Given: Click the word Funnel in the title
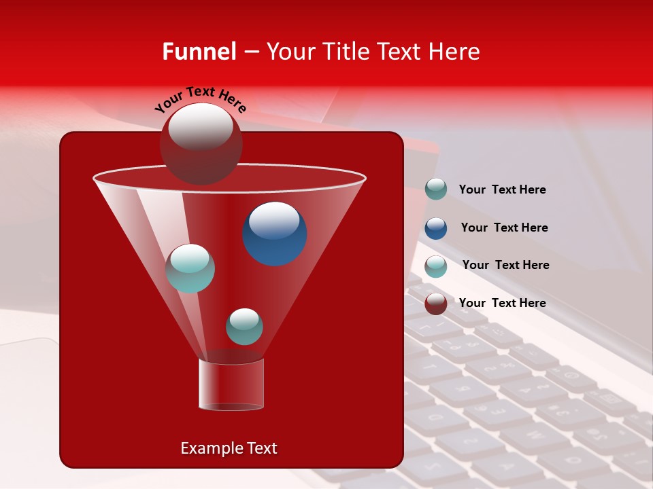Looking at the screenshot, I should click(199, 52).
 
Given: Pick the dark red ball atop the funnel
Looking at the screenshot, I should click(201, 143).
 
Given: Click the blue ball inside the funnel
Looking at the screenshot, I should click(275, 234).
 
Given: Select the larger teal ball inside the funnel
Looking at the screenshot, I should click(190, 268).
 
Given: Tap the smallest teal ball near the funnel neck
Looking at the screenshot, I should click(244, 327).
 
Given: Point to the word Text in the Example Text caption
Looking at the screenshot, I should click(262, 448).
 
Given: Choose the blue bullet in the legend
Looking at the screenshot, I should click(436, 228).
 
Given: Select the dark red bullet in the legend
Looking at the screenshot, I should click(436, 304).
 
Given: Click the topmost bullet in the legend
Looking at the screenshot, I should click(436, 189).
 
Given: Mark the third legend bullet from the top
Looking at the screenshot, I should click(436, 266).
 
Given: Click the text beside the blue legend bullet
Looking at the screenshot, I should click(504, 228).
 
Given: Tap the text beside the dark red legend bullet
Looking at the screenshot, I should click(503, 303).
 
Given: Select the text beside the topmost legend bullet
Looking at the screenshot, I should click(503, 189).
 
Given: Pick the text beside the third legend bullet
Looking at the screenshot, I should click(505, 265).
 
